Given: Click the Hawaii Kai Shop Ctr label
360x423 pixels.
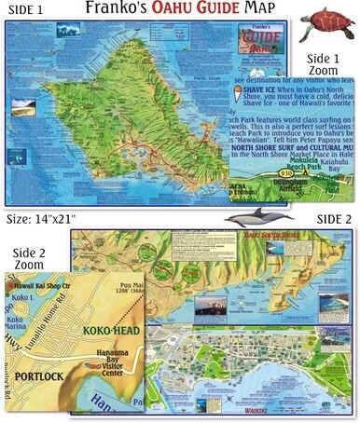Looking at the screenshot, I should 41,285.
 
